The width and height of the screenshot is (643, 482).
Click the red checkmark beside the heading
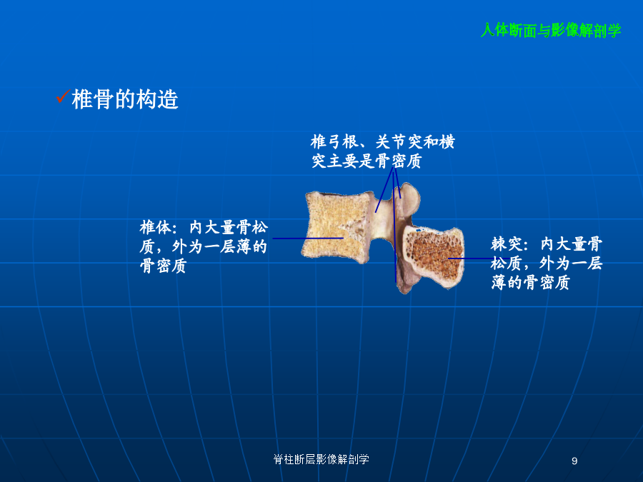pos(63,96)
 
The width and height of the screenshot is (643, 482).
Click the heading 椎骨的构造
pos(125,99)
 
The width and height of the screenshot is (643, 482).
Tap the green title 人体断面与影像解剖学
pos(551,30)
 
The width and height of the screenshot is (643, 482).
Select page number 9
pos(574,461)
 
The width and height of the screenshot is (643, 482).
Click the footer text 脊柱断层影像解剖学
pos(321,459)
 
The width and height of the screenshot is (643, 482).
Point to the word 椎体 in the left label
pos(156,227)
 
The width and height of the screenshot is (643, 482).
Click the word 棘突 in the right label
pos(507,244)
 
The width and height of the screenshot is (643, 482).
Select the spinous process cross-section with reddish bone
pos(434,258)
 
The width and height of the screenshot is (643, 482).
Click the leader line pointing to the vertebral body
pos(308,238)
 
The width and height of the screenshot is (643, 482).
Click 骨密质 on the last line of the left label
pos(163,266)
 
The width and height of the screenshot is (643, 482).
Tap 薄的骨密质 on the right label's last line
pos(531,282)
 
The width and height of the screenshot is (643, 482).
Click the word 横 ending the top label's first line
pos(447,142)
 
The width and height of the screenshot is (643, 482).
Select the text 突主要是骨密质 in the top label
pos(367,161)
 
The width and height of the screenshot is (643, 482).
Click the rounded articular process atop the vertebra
pos(409,198)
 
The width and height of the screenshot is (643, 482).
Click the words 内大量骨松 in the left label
pos(229,227)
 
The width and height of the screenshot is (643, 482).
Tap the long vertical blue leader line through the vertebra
pos(394,225)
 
